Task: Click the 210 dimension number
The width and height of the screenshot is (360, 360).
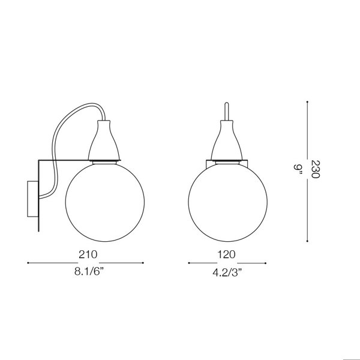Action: click(x=88, y=253)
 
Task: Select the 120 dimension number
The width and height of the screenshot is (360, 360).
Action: click(x=227, y=253)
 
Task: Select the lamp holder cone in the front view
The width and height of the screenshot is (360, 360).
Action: click(x=227, y=142)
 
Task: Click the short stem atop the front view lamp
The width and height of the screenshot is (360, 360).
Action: click(x=227, y=112)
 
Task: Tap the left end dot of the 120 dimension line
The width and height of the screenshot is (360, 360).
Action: click(x=188, y=262)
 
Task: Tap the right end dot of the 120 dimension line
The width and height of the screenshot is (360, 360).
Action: click(x=266, y=262)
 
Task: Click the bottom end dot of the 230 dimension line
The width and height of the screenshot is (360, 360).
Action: click(x=308, y=236)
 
